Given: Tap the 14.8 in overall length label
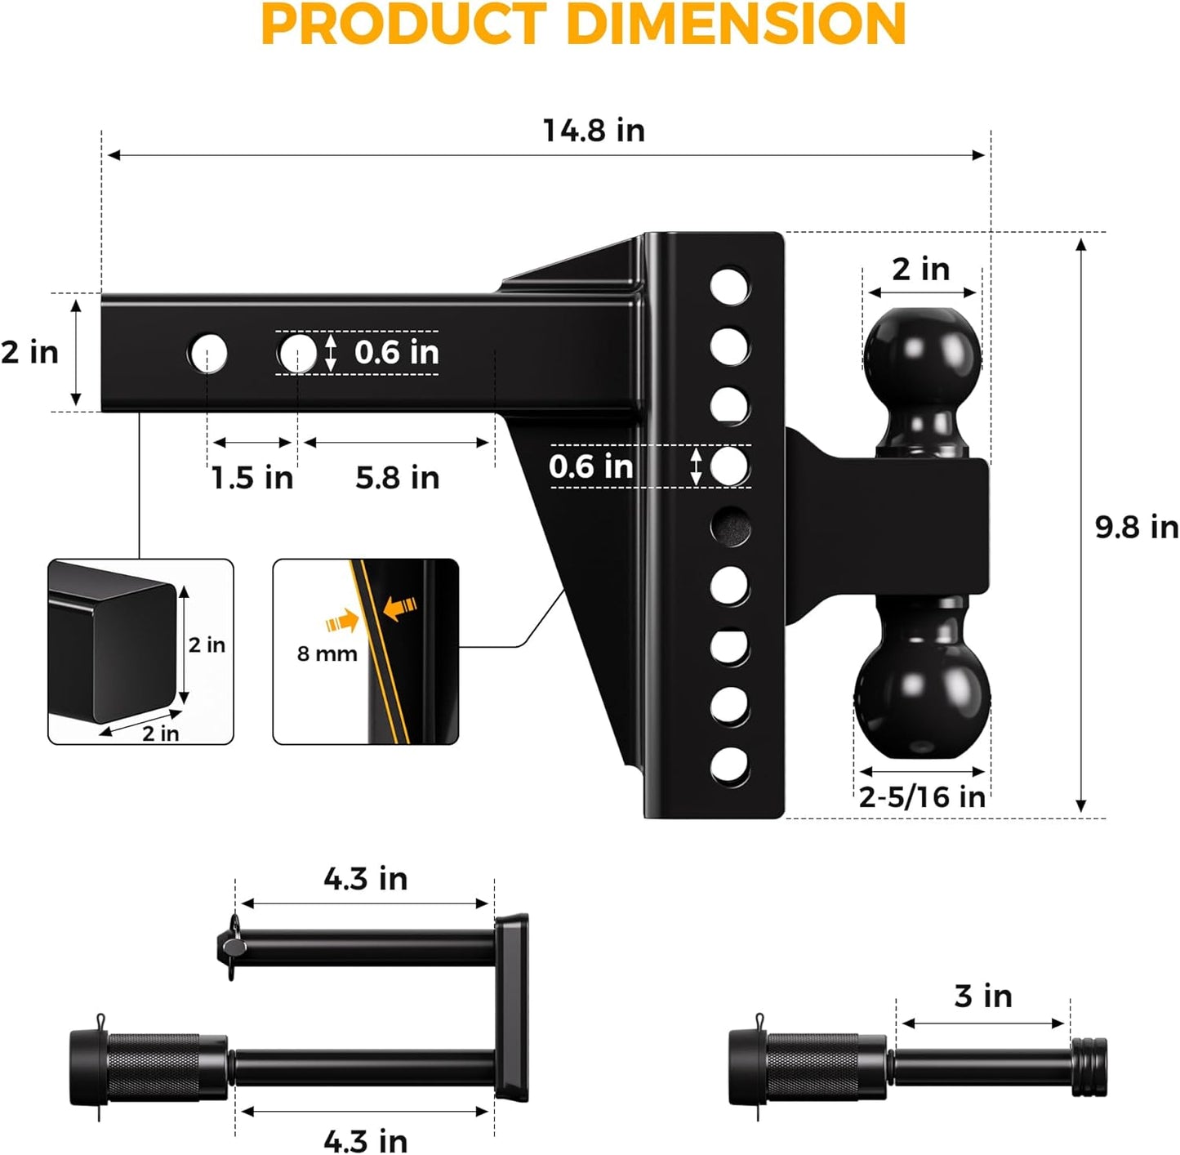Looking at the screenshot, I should point(594,131).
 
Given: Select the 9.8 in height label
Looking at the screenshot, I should point(1136,528).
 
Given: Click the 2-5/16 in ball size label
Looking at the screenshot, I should point(922,797).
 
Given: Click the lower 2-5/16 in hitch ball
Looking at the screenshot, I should point(922,694).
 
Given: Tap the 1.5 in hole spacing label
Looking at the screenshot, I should point(252,478).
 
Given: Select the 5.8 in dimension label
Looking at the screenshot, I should point(397,478).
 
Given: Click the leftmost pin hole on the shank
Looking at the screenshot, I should point(207,354).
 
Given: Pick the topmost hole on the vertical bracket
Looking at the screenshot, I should point(729,287).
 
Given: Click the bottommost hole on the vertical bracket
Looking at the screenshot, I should point(729,766).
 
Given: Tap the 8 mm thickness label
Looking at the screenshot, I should point(327,654).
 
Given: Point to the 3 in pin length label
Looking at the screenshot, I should point(982,997).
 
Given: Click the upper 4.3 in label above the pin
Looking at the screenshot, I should point(365,880).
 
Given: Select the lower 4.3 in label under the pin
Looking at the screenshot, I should point(365,1140).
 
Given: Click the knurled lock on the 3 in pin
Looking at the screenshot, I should point(813,1067).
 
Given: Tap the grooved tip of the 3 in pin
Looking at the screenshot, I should point(1089,1067).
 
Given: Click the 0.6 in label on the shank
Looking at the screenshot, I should point(397,353).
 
